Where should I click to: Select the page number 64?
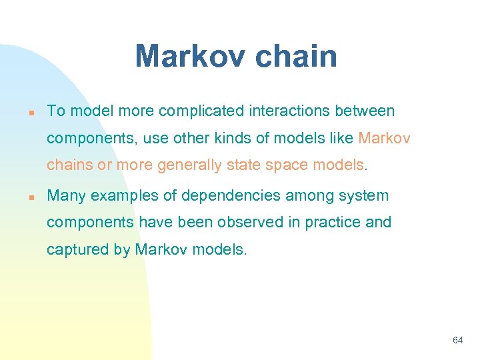tap(457, 340)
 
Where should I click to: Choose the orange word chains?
tap(69, 164)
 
